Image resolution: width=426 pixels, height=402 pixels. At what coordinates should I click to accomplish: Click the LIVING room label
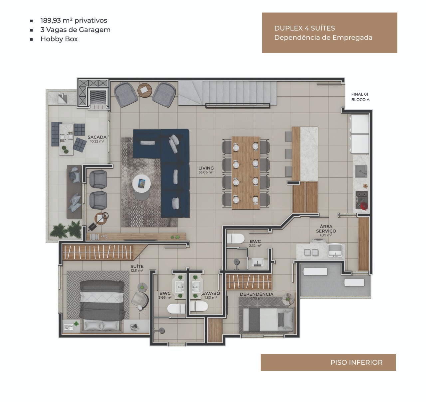(206, 168)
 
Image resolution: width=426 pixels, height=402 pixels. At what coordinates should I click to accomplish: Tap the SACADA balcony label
(97, 137)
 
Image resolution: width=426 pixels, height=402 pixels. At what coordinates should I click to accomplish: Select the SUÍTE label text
(137, 266)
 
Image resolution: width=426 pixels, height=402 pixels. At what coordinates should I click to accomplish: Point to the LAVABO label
(211, 293)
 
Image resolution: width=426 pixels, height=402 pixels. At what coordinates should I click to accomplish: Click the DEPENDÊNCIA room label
(257, 294)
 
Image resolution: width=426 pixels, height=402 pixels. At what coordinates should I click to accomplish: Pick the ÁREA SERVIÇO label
(326, 229)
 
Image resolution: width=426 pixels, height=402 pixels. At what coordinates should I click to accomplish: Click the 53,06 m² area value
(206, 172)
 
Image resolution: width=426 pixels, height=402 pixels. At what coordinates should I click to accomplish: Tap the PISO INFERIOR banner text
(356, 362)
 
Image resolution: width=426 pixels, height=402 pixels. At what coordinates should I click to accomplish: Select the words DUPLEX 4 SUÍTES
(305, 28)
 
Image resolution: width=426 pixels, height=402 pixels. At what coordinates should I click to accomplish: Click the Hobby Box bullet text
(59, 39)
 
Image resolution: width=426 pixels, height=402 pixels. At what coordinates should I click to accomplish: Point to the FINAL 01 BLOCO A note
(360, 97)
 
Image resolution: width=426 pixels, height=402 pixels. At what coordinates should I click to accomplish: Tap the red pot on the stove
(364, 206)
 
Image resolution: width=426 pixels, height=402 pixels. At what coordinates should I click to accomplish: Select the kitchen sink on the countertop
(361, 171)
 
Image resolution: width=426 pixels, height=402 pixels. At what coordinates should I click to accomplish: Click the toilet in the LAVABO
(199, 306)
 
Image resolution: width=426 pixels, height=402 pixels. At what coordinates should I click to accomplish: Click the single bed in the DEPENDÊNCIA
(268, 320)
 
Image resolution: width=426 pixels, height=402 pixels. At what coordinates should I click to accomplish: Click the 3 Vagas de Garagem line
(76, 30)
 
